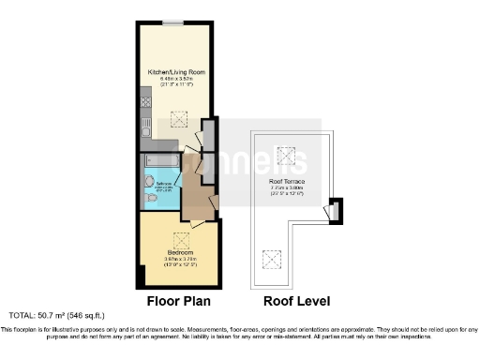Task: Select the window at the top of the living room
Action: (172, 22)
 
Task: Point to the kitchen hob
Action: (145, 97)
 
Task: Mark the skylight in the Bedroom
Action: (181, 238)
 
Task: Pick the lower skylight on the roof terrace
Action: (273, 257)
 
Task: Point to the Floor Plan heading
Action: (178, 302)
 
